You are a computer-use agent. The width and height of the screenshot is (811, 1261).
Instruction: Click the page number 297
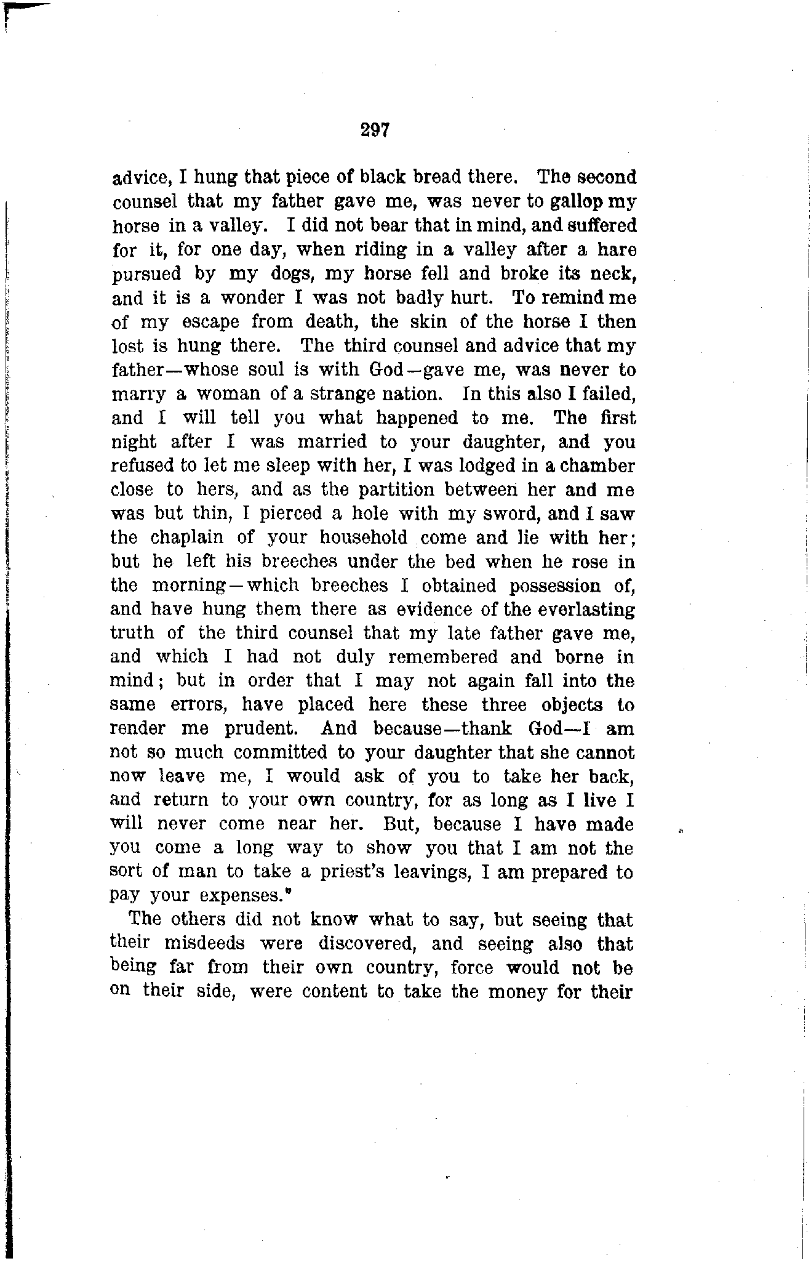(375, 130)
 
